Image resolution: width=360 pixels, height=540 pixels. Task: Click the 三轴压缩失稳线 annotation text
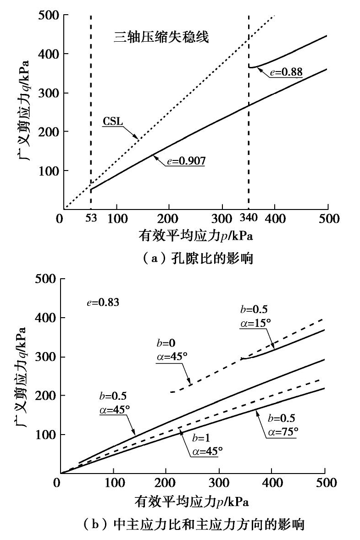[161, 38]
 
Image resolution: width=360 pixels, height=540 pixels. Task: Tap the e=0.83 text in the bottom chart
[103, 302]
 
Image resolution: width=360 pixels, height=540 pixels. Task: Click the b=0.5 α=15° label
[255, 316]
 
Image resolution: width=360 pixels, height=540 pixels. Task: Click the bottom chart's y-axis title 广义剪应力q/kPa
[21, 376]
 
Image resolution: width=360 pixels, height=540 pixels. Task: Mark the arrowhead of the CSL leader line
[137, 138]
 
